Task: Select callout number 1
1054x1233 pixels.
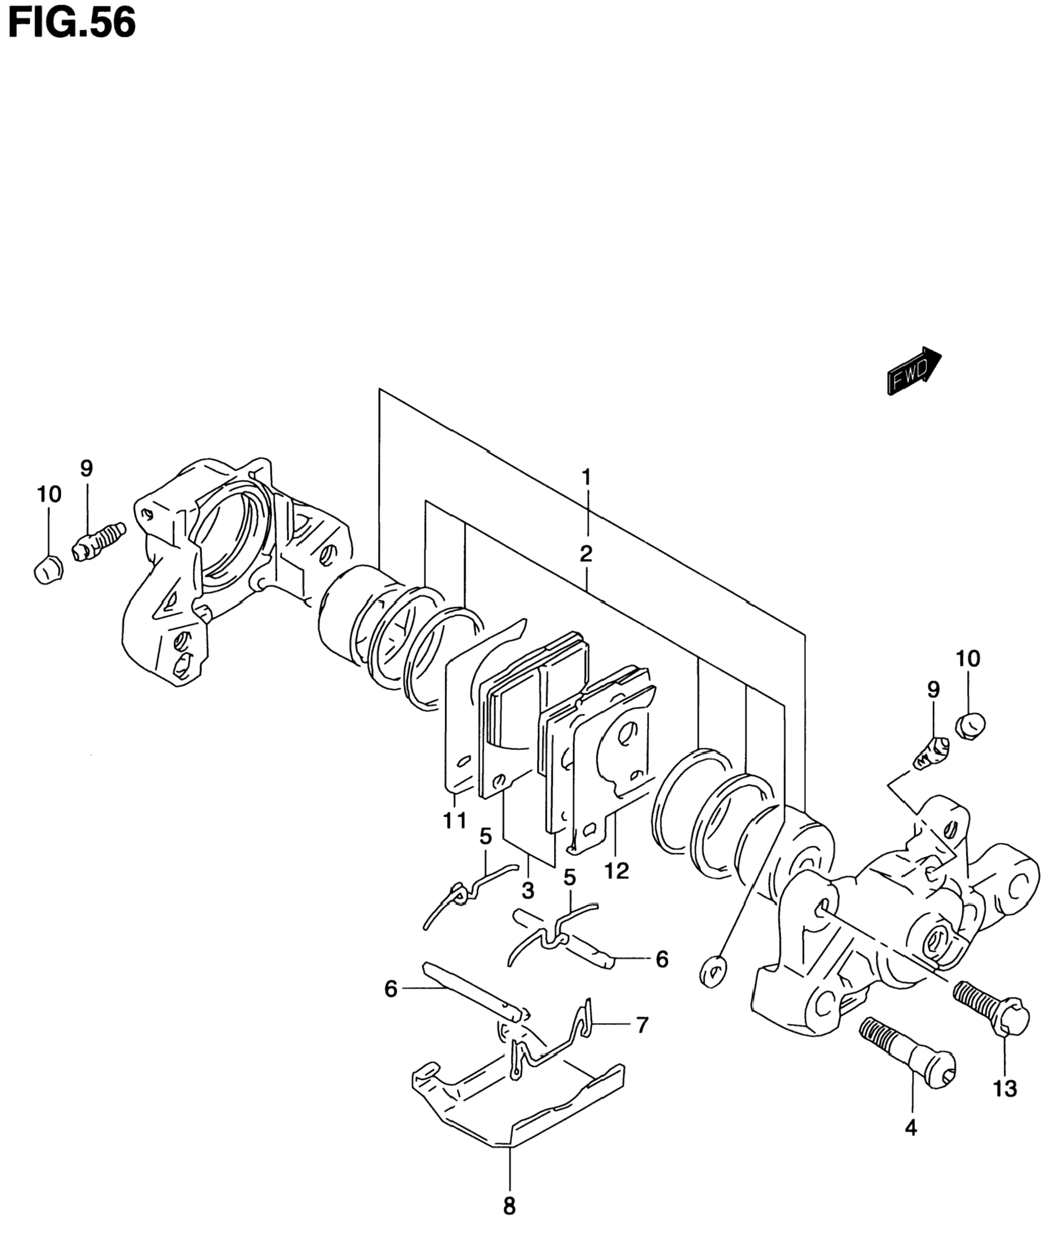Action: pyautogui.click(x=586, y=477)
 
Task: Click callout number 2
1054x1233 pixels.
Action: pyautogui.click(x=586, y=554)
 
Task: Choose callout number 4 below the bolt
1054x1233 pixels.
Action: pyautogui.click(x=911, y=1128)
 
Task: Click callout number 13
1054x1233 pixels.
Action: pyautogui.click(x=1005, y=1089)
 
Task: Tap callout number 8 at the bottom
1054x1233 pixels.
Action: pyautogui.click(x=509, y=1206)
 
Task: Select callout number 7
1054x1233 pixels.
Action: pyautogui.click(x=642, y=1025)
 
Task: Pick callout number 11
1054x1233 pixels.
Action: pyautogui.click(x=455, y=821)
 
